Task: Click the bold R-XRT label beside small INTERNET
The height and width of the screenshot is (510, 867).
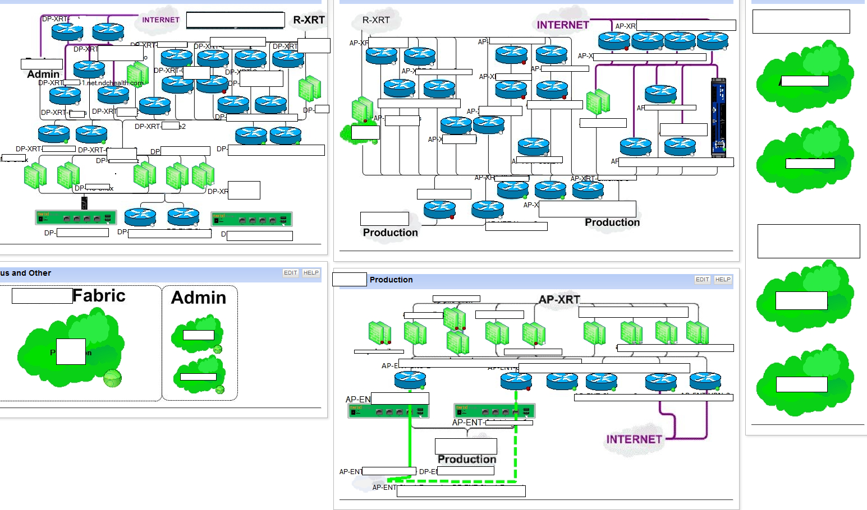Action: [309, 20]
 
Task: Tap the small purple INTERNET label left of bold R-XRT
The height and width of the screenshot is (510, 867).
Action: [160, 20]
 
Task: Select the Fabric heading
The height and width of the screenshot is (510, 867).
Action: [99, 295]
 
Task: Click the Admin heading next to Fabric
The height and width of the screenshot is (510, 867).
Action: [199, 298]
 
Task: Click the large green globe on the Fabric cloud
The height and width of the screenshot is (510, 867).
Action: [113, 378]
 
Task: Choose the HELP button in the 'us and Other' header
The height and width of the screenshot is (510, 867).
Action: [311, 273]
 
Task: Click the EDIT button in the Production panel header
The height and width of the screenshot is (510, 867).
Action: [703, 279]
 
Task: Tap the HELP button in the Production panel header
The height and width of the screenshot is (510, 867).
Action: [723, 279]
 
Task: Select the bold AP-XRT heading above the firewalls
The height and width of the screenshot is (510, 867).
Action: [559, 299]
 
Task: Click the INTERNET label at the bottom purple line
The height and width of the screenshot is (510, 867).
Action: [634, 439]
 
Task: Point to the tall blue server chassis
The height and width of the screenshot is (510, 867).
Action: [718, 118]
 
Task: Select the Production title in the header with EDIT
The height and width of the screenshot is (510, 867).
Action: [391, 280]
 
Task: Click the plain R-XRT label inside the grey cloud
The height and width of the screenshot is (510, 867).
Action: [376, 20]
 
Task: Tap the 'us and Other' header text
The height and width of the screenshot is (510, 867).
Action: [26, 273]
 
